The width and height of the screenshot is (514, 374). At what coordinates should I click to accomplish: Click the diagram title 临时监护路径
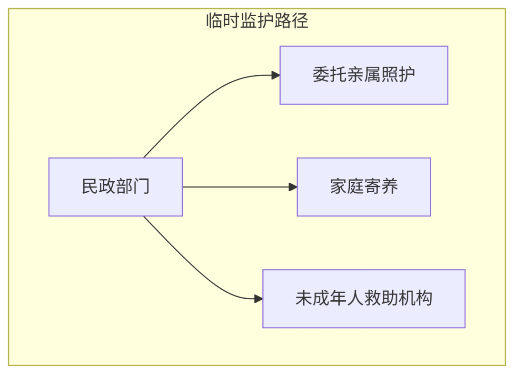257,21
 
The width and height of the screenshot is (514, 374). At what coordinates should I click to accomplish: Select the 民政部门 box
115,187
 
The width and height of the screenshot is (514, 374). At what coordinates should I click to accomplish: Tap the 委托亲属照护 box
364,75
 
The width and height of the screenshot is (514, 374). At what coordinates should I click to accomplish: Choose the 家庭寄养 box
364,187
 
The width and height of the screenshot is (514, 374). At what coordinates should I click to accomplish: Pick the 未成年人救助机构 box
364,299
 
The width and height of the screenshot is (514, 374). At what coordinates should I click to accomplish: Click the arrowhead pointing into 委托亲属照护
276,75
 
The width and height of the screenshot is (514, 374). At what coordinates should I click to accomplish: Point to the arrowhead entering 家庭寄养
293,187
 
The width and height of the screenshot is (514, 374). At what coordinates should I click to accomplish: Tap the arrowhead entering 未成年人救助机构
258,299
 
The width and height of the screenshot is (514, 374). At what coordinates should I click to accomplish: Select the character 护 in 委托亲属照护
407,75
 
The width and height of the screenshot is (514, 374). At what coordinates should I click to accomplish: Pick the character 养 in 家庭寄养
390,187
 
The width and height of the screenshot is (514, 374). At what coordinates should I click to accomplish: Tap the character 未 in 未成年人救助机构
304,299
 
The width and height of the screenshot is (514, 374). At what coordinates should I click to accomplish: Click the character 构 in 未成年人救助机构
424,299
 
